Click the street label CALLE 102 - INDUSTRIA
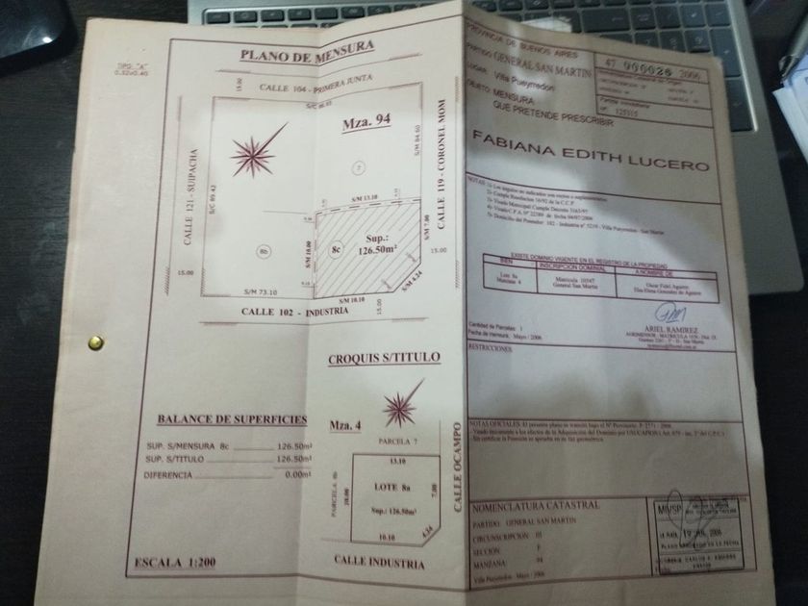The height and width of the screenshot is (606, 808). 303,313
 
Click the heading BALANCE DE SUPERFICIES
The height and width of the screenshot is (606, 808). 231,418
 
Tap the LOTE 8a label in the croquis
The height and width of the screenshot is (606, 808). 392,489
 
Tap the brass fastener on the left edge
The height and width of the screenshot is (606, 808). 95,341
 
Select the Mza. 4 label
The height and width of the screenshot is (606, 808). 343,422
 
